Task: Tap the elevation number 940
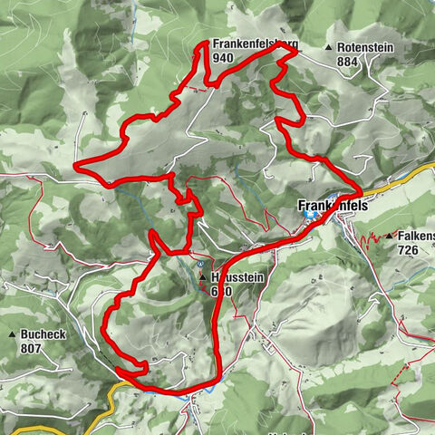coord(224,57)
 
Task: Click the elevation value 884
coord(347,61)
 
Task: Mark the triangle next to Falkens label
coord(388,236)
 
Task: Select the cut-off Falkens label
coord(415,236)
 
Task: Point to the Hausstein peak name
coord(236,278)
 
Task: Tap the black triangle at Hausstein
coord(202,277)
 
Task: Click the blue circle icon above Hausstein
coord(198,265)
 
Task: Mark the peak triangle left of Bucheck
coord(12,333)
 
